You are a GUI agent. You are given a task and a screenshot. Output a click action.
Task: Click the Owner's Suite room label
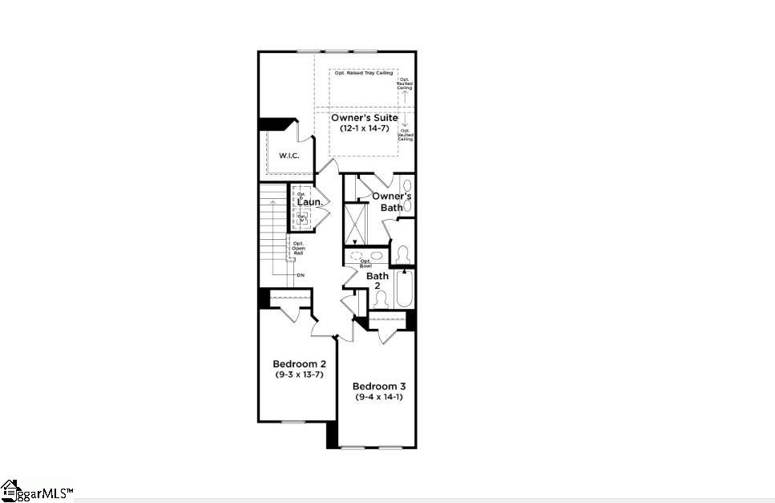[364, 118]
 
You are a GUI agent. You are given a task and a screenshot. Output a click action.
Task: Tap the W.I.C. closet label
[289, 155]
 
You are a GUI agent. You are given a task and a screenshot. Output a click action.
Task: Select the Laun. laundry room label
[309, 203]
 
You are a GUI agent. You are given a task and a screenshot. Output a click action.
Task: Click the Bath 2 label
[377, 281]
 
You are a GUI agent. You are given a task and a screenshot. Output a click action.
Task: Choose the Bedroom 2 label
[295, 363]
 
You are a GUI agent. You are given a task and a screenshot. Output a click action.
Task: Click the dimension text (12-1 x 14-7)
[364, 128]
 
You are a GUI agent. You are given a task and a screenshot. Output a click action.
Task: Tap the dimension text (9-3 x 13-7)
[295, 374]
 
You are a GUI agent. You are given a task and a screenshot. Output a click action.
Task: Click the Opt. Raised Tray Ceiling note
[363, 74]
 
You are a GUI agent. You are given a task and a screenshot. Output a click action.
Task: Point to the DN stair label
[301, 275]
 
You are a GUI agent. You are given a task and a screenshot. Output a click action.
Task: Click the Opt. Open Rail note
[298, 248]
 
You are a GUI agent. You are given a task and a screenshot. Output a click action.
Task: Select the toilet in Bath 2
[381, 298]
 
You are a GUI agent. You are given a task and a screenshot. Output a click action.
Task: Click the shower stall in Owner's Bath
[354, 222]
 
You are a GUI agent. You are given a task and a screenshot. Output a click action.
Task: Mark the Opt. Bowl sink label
[365, 262]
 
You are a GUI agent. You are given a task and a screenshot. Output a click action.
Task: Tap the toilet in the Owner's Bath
[404, 254]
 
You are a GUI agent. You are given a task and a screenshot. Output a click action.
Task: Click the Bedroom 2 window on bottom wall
[293, 421]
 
